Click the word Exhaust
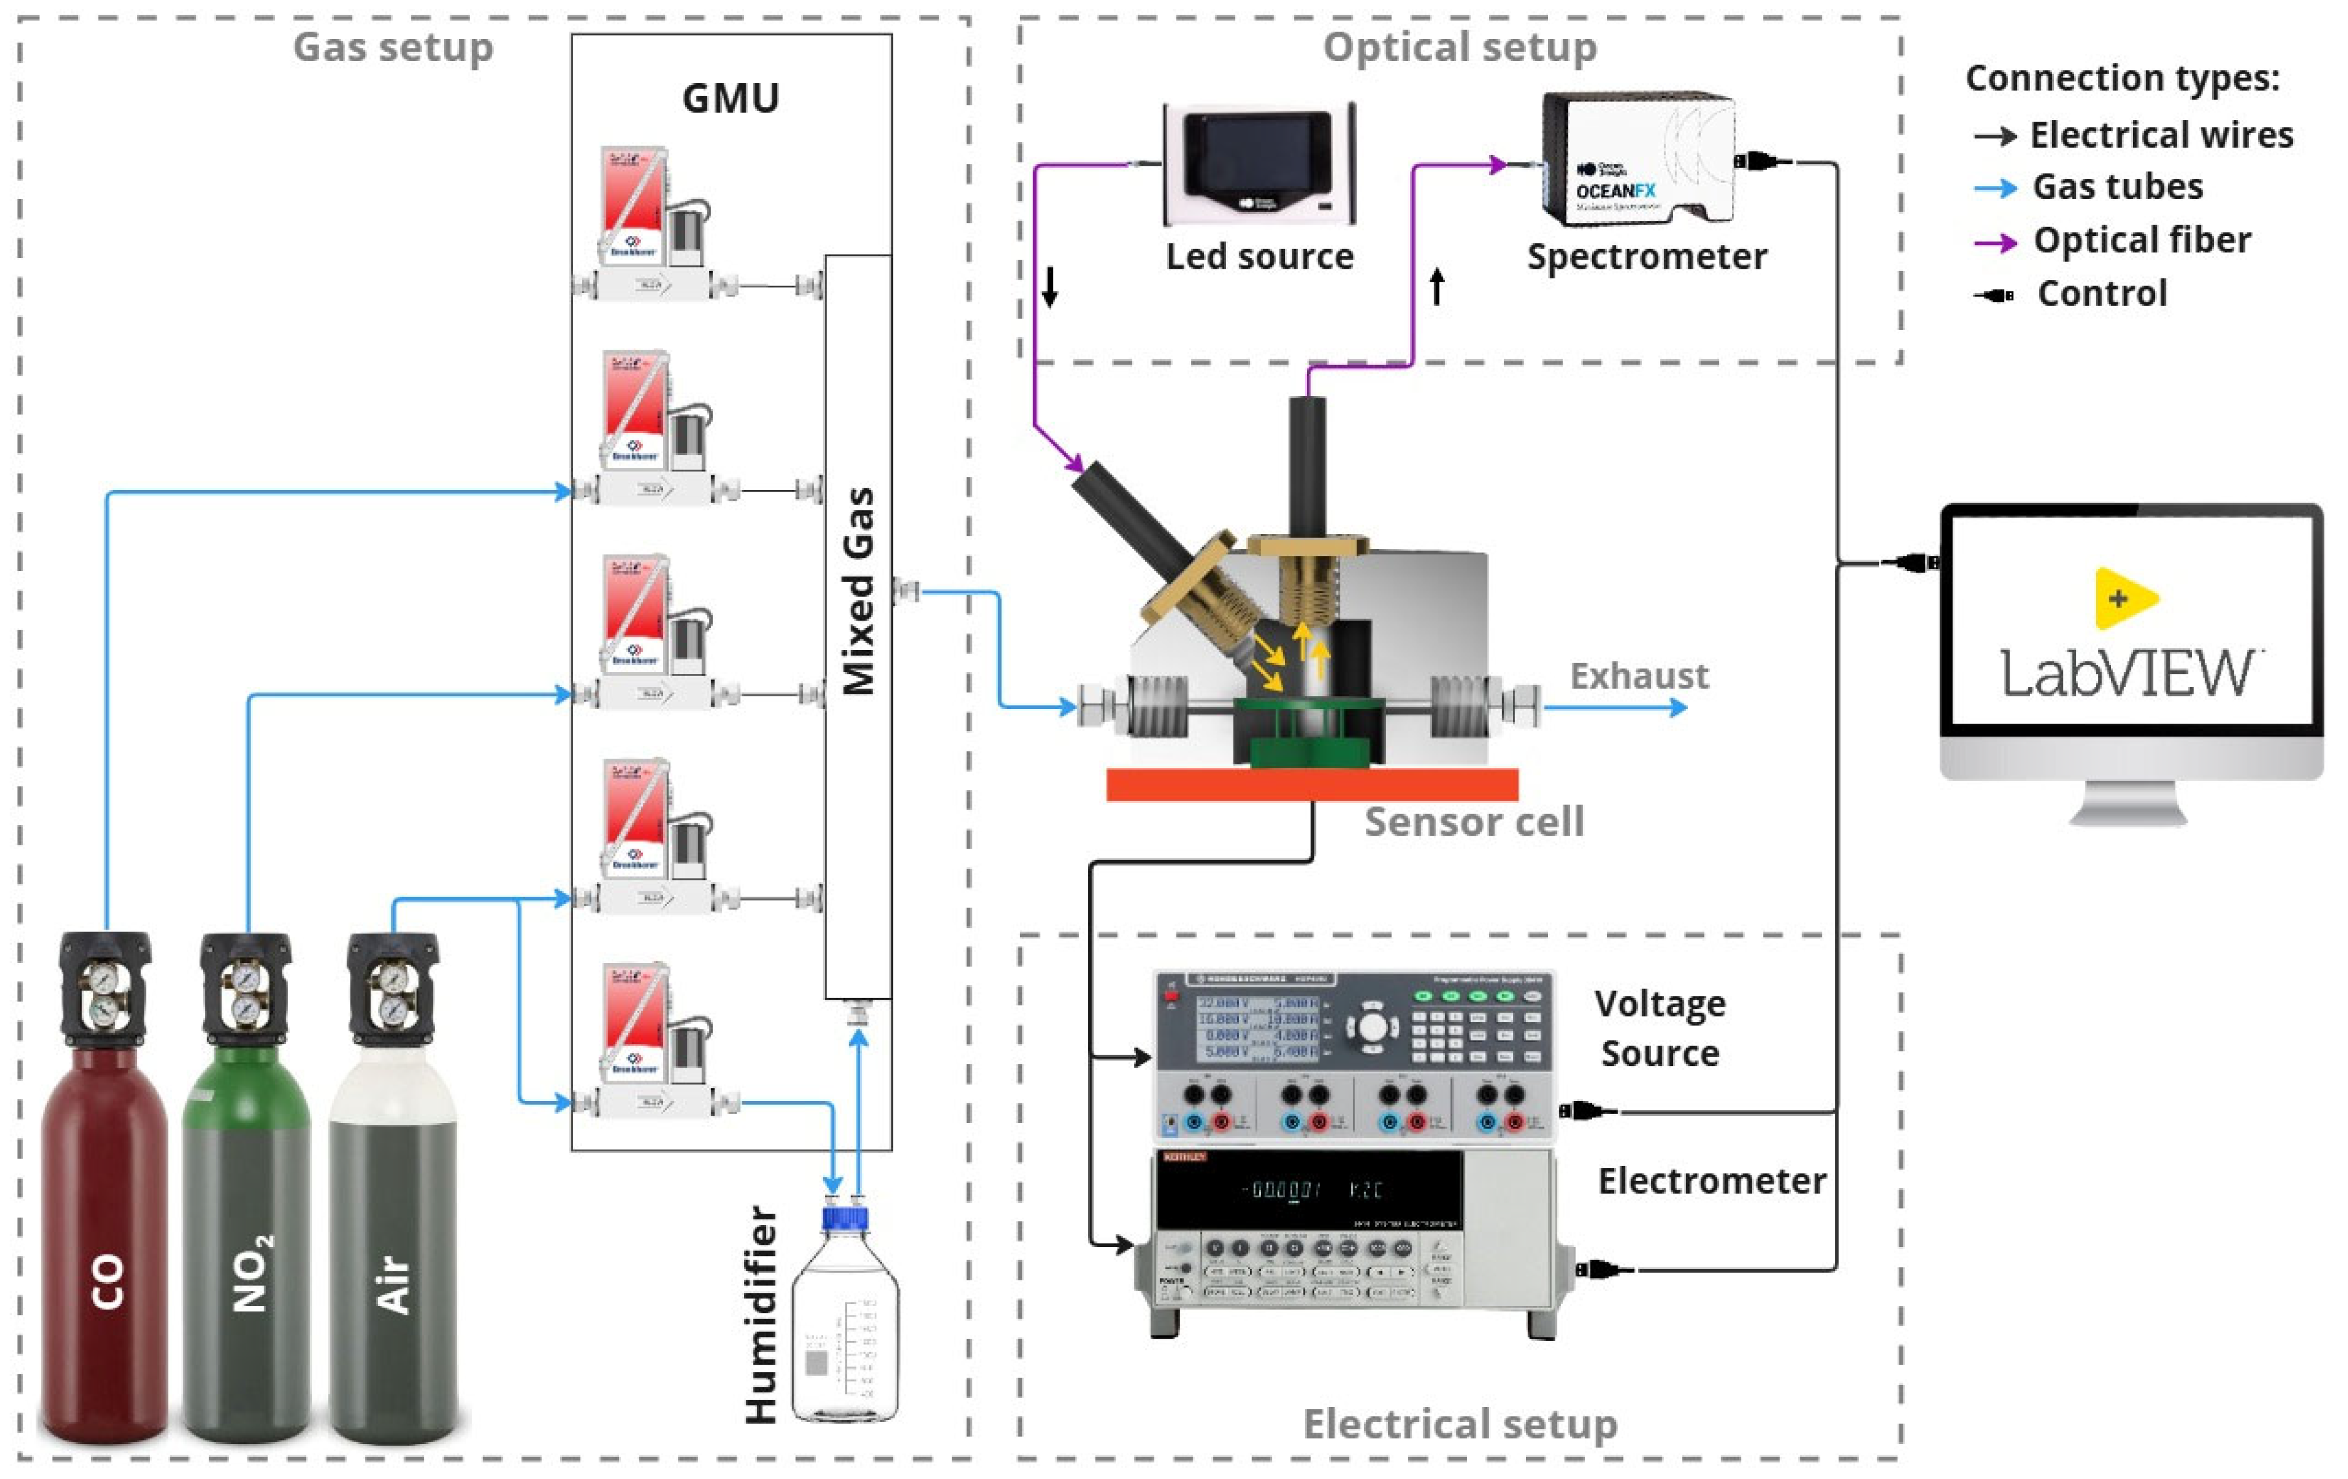1638,676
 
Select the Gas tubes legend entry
2116,186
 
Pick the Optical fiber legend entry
2140,240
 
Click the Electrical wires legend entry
2160,135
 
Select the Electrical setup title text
1460,1424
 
